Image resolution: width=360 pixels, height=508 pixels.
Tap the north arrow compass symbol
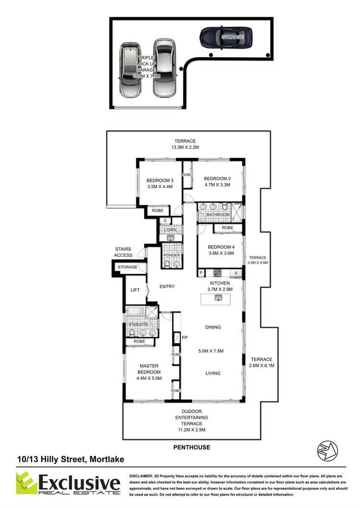pyautogui.click(x=327, y=451)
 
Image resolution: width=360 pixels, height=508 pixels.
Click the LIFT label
pyautogui.click(x=135, y=290)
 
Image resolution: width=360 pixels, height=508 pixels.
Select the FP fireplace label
pyautogui.click(x=184, y=338)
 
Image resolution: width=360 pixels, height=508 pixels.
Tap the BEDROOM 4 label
pyautogui.click(x=221, y=248)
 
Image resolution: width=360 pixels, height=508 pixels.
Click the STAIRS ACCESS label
pyautogui.click(x=123, y=252)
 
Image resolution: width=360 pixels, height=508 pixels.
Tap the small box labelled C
pyautogui.click(x=165, y=220)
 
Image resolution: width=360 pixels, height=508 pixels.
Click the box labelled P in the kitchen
pyautogui.click(x=201, y=273)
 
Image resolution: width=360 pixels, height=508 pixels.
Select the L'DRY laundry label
pyautogui.click(x=170, y=230)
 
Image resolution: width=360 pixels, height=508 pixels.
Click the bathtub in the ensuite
pyautogui.click(x=135, y=312)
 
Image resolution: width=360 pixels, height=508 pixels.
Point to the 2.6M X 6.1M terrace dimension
pyautogui.click(x=262, y=366)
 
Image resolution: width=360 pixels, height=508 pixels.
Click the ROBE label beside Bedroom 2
pyautogui.click(x=187, y=175)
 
